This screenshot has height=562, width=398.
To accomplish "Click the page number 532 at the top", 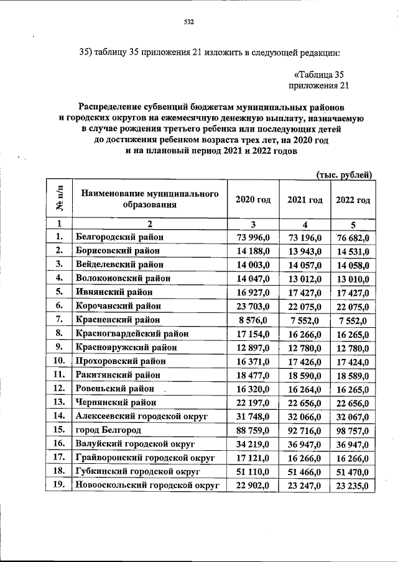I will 190,24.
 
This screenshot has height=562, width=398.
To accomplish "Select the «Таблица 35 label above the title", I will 318,74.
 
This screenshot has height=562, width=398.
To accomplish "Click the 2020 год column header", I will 253,199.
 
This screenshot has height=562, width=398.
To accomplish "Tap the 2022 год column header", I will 353,199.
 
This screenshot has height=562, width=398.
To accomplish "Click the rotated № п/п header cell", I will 60,199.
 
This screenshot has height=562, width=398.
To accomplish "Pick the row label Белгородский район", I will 117,237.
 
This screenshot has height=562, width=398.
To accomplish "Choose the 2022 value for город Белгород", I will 353,430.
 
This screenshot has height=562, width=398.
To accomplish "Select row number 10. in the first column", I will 60,361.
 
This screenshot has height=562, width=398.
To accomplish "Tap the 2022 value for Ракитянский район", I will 353,376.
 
